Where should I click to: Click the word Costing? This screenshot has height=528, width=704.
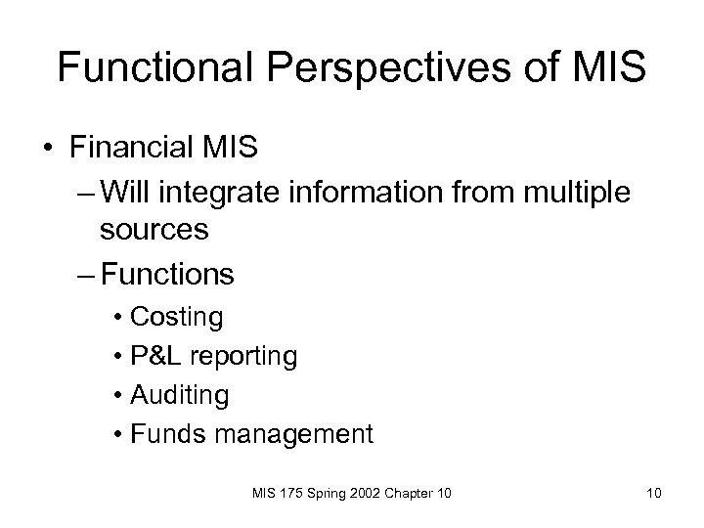click(x=176, y=318)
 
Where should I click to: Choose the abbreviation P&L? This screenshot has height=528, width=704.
click(x=156, y=357)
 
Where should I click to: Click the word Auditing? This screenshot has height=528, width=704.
click(x=179, y=395)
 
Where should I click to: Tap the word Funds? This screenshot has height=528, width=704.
click(x=164, y=433)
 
